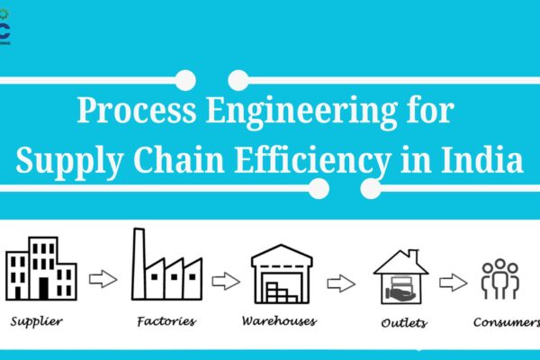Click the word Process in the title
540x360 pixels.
137,110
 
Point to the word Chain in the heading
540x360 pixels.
179,158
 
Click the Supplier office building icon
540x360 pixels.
41,268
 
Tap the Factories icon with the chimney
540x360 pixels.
167,264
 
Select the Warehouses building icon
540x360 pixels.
282,274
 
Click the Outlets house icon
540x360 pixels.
401,277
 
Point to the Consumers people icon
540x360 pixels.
500,279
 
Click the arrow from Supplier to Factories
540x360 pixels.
103,279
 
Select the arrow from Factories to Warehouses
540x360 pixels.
226,282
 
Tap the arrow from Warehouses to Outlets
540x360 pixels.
341,283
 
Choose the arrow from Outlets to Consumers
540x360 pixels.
454,283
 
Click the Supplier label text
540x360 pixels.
37,322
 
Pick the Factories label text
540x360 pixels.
166,321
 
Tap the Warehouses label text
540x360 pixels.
279,321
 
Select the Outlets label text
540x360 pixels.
404,323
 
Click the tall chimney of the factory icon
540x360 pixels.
139,264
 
